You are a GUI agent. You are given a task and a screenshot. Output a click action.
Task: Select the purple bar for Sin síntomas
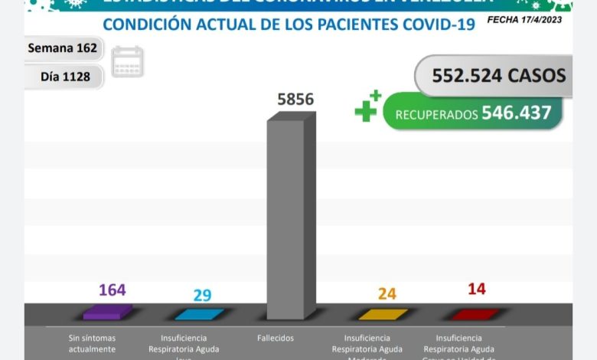(107, 313)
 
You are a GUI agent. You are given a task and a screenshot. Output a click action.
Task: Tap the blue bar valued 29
(199, 313)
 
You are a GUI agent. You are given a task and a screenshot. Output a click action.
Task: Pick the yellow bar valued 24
(383, 313)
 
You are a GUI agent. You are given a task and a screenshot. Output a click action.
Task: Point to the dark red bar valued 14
(475, 313)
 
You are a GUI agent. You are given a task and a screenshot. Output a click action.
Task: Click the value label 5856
(294, 100)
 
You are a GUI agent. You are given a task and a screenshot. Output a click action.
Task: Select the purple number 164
(112, 290)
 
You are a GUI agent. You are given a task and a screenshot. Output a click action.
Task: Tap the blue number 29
(203, 295)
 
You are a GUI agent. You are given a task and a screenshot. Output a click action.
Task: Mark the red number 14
(476, 290)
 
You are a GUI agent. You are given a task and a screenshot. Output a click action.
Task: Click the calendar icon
(127, 62)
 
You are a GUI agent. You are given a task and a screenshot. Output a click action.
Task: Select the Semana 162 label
(62, 48)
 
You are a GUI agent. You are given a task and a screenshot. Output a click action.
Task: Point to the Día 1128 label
(69, 77)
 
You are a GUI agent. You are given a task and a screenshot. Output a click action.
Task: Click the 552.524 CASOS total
(498, 75)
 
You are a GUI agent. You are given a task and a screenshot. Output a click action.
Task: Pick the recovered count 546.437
(516, 113)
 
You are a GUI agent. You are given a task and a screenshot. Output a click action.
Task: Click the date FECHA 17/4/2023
(524, 19)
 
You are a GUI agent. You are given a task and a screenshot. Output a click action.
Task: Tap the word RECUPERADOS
(436, 115)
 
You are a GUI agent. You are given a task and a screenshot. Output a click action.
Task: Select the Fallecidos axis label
(276, 338)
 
